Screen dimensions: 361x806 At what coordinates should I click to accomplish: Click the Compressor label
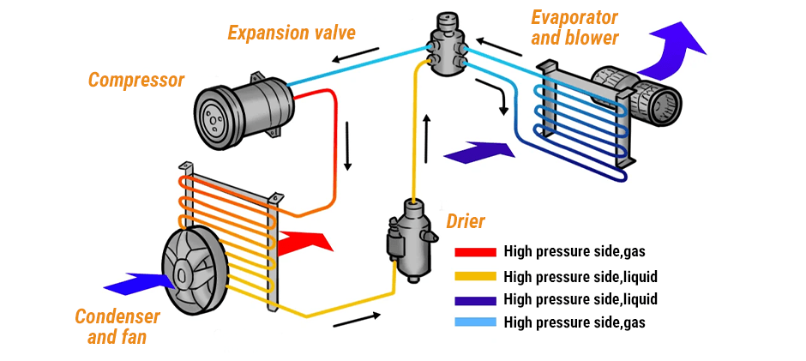pos(135,81)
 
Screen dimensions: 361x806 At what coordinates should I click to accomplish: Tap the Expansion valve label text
pos(291,33)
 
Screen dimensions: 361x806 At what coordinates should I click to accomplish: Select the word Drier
pos(466,221)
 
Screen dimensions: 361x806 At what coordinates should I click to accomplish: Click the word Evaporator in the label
pos(574,17)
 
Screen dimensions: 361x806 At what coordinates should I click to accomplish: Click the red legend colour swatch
pos(475,252)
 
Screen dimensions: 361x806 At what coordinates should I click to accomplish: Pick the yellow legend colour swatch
pos(475,276)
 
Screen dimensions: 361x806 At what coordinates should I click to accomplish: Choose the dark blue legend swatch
pos(475,299)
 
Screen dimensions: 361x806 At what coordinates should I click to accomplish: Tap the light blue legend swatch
pos(475,322)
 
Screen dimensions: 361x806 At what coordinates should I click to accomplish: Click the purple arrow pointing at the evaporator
pos(480,152)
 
